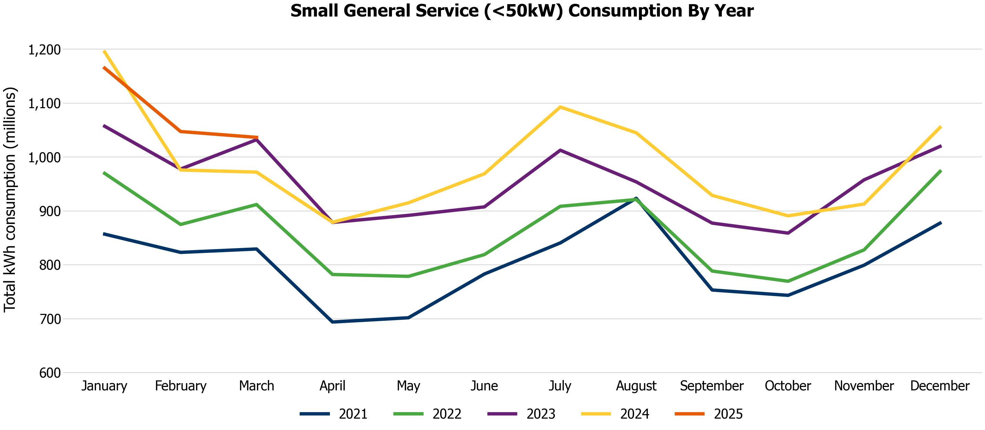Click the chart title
click(x=521, y=11)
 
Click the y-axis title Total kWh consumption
click(x=10, y=199)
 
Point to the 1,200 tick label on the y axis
click(x=44, y=50)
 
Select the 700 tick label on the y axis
click(x=50, y=319)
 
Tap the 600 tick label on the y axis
click(x=50, y=373)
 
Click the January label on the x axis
click(x=104, y=386)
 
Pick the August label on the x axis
click(x=636, y=386)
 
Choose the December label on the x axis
click(x=940, y=386)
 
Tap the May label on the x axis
click(x=408, y=386)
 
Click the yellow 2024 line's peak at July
click(x=560, y=107)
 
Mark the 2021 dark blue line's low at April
click(x=333, y=322)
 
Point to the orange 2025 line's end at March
click(x=257, y=137)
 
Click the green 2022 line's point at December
click(x=940, y=171)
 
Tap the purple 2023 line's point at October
click(x=788, y=233)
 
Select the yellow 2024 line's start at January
click(x=104, y=51)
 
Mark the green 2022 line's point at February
click(x=180, y=225)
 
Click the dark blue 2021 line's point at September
click(x=712, y=290)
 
